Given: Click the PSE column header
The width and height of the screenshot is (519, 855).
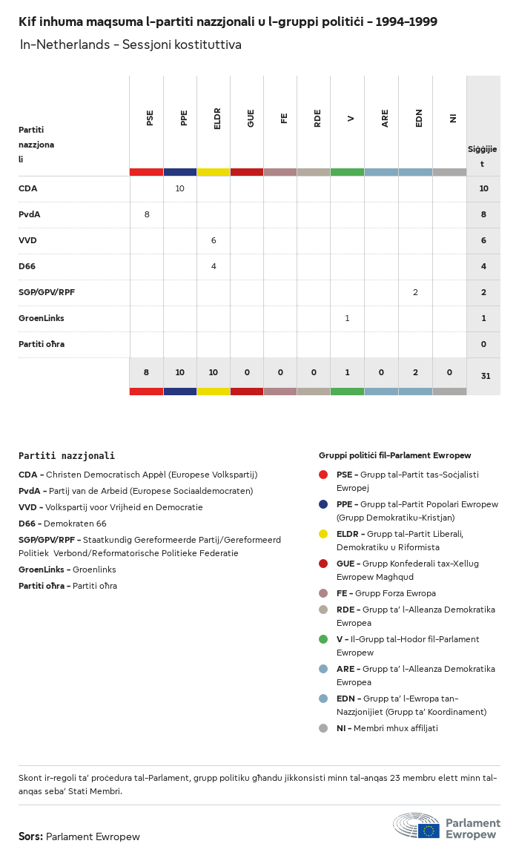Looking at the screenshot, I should coord(150,118).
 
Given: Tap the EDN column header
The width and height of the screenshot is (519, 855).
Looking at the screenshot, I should coord(419,118).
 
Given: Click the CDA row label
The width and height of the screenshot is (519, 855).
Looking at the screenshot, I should coord(28,188).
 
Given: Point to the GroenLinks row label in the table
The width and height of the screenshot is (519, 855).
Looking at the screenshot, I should coord(42,318).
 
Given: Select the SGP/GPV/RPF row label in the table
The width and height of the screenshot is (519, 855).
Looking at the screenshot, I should coord(47,292).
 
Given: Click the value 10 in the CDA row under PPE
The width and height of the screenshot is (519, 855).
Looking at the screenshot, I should coord(180,188).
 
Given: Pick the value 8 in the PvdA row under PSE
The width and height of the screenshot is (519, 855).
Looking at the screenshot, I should coord(147,214).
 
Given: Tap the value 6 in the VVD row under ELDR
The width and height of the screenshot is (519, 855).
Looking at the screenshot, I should coord(214,240).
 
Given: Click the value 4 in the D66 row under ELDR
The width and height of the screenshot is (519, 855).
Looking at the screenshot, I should coord(214,266).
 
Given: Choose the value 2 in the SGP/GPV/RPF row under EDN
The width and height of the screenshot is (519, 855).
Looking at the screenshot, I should coord(415,292).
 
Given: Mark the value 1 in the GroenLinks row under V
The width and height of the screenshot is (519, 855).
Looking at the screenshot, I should coord(347,318).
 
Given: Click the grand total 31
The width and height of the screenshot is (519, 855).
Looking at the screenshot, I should coord(486,376).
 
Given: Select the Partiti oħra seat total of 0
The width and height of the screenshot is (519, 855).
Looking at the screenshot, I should coord(483,344).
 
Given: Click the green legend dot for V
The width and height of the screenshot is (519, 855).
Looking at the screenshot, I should coord(323,639).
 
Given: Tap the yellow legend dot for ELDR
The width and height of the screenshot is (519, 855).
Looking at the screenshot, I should coord(323,534).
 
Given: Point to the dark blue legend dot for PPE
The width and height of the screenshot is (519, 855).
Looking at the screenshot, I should coord(323,504).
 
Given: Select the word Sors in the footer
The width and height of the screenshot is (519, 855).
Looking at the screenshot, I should coord(30,836).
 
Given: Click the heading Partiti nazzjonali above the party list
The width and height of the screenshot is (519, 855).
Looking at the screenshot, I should coord(67,456).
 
